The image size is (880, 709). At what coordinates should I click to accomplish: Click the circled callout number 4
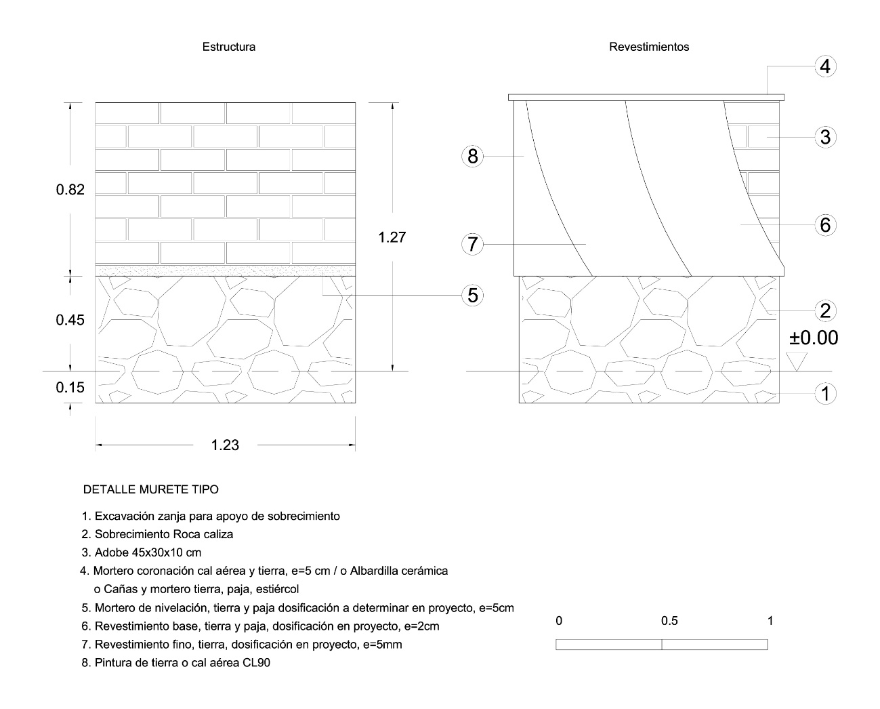pyautogui.click(x=825, y=66)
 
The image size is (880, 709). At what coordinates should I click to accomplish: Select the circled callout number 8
pyautogui.click(x=472, y=156)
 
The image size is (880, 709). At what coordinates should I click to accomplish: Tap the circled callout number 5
pyautogui.click(x=472, y=295)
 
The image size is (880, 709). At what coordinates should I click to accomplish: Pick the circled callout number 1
pyautogui.click(x=825, y=394)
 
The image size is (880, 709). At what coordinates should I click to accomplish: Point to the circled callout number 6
pyautogui.click(x=825, y=224)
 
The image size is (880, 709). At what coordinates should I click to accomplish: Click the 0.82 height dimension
pyautogui.click(x=70, y=189)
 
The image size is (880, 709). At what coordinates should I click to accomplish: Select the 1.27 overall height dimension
pyautogui.click(x=392, y=237)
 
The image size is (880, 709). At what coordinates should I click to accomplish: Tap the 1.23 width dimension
pyautogui.click(x=225, y=445)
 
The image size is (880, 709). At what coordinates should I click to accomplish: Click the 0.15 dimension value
pyautogui.click(x=70, y=387)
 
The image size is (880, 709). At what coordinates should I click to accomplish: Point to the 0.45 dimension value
pyautogui.click(x=70, y=319)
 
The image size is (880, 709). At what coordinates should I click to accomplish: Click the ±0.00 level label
pyautogui.click(x=814, y=338)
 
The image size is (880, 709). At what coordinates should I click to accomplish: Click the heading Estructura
pyautogui.click(x=229, y=47)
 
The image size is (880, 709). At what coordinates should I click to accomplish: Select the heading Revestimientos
pyautogui.click(x=649, y=47)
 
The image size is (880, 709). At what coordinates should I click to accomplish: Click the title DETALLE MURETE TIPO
pyautogui.click(x=151, y=489)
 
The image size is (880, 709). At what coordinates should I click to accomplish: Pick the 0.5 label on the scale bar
pyautogui.click(x=669, y=621)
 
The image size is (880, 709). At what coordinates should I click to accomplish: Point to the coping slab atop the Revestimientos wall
pyautogui.click(x=646, y=98)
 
